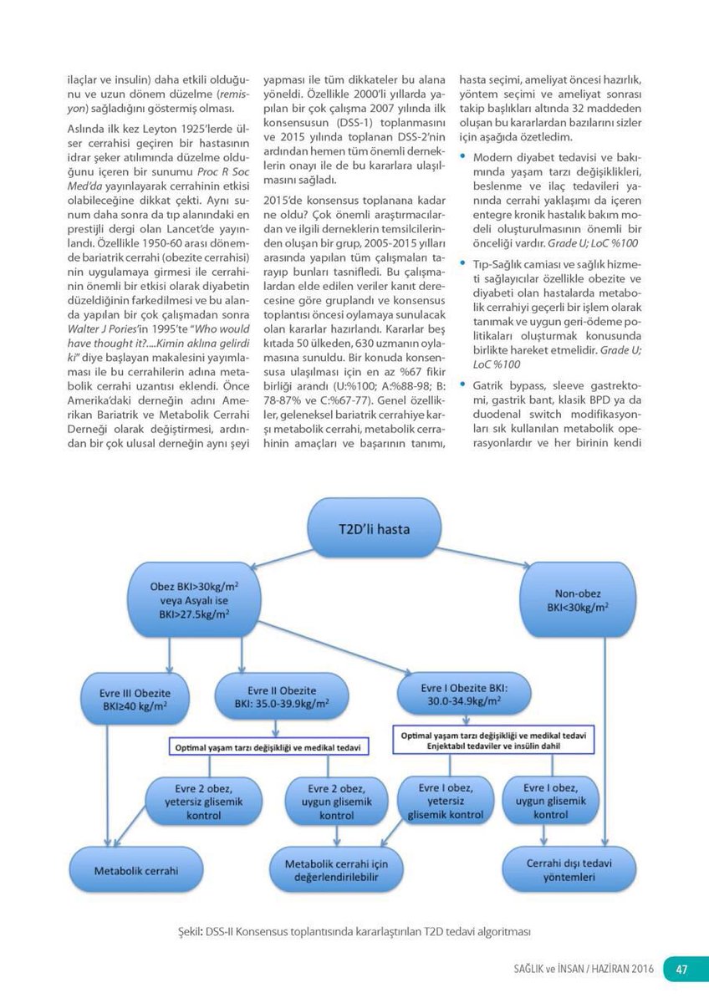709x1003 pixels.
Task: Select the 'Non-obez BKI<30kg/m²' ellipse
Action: tap(577, 600)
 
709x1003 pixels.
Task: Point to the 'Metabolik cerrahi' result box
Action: tap(136, 870)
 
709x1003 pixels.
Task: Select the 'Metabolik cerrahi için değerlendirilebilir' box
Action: tap(343, 869)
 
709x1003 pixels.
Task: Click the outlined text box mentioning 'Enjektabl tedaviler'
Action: tap(493, 740)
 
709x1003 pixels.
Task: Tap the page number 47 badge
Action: tap(681, 969)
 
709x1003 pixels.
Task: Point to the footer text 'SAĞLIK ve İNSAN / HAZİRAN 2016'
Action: tap(584, 970)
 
